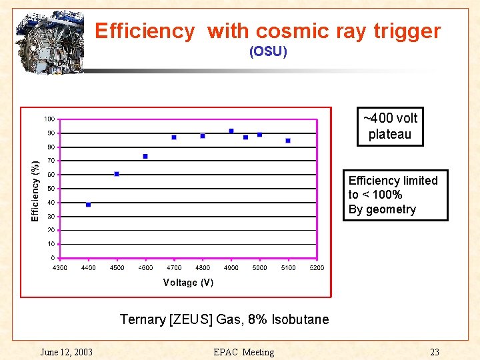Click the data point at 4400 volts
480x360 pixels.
(x=88, y=205)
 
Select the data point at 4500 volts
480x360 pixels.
(x=117, y=174)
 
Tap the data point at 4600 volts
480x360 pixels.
(x=145, y=157)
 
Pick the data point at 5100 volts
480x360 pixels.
(x=288, y=141)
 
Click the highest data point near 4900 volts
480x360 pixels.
(x=231, y=131)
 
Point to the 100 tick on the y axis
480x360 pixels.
(x=49, y=119)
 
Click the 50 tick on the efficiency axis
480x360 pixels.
(x=51, y=189)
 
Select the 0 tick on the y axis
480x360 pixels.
(x=53, y=258)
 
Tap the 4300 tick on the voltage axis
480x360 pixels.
(x=60, y=268)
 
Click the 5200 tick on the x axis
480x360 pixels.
(x=317, y=268)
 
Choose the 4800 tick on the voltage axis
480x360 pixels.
(x=203, y=268)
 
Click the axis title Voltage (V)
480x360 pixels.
(x=188, y=283)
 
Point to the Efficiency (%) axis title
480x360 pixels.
(x=35, y=189)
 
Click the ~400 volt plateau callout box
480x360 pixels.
(x=390, y=127)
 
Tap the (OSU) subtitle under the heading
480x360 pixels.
(x=268, y=51)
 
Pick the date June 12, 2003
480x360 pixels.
(x=66, y=352)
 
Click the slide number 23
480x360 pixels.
(x=434, y=352)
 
